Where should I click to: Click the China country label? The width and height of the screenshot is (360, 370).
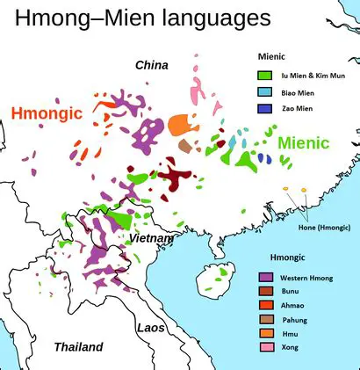pyautogui.click(x=151, y=65)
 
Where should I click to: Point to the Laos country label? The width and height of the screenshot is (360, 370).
pyautogui.click(x=150, y=327)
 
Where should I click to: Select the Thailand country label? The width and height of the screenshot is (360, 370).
pyautogui.click(x=78, y=346)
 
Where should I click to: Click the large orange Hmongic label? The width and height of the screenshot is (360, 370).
pyautogui.click(x=47, y=112)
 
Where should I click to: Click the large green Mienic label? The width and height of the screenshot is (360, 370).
pyautogui.click(x=303, y=142)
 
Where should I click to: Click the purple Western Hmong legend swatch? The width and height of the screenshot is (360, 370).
pyautogui.click(x=264, y=278)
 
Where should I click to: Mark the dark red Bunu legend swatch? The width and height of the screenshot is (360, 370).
pyautogui.click(x=264, y=291)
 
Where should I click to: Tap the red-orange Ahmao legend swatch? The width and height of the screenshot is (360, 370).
pyautogui.click(x=264, y=305)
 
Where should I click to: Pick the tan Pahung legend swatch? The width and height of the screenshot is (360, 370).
pyautogui.click(x=264, y=319)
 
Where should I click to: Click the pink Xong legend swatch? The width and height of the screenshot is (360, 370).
pyautogui.click(x=264, y=348)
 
